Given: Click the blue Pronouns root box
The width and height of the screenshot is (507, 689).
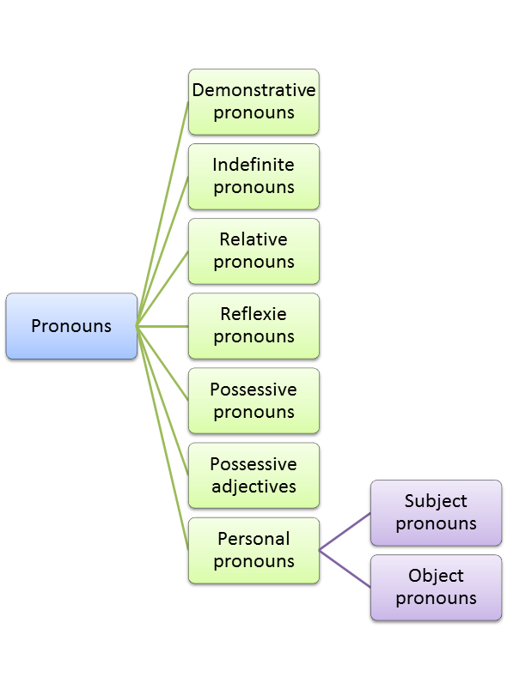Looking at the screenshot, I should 71,326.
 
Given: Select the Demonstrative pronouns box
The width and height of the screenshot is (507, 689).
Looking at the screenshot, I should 253,101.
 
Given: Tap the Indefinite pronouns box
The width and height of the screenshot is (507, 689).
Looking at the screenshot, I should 253,176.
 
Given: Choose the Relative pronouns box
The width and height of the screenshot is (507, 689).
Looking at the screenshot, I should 253,251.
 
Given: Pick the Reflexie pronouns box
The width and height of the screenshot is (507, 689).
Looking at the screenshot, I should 253,326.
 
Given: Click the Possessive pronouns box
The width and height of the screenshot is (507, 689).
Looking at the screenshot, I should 253,401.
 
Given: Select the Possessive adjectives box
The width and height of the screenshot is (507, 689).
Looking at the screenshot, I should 253,475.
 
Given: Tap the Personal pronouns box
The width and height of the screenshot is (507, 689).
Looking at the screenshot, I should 253,550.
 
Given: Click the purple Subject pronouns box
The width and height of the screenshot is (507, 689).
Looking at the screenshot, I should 436,512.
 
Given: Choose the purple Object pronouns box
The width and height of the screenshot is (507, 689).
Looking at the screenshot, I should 436,587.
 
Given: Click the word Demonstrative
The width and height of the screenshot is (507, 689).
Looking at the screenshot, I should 253,90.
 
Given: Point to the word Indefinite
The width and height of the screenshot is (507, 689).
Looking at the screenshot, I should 253,165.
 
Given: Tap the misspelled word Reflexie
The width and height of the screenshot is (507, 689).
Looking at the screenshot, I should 253,314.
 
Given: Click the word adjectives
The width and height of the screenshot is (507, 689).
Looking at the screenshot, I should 253,487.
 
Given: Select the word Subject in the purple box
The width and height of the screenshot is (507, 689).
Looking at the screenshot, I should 436,501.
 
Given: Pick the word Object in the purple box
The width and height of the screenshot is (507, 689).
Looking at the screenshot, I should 436,576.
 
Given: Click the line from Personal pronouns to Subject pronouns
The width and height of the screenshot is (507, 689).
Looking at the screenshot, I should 345,532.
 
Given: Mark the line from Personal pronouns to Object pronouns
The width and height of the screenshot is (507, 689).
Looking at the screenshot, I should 345,569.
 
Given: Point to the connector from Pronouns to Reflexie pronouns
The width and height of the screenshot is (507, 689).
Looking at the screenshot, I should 163,326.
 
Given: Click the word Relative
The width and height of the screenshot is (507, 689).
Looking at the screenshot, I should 253,239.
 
